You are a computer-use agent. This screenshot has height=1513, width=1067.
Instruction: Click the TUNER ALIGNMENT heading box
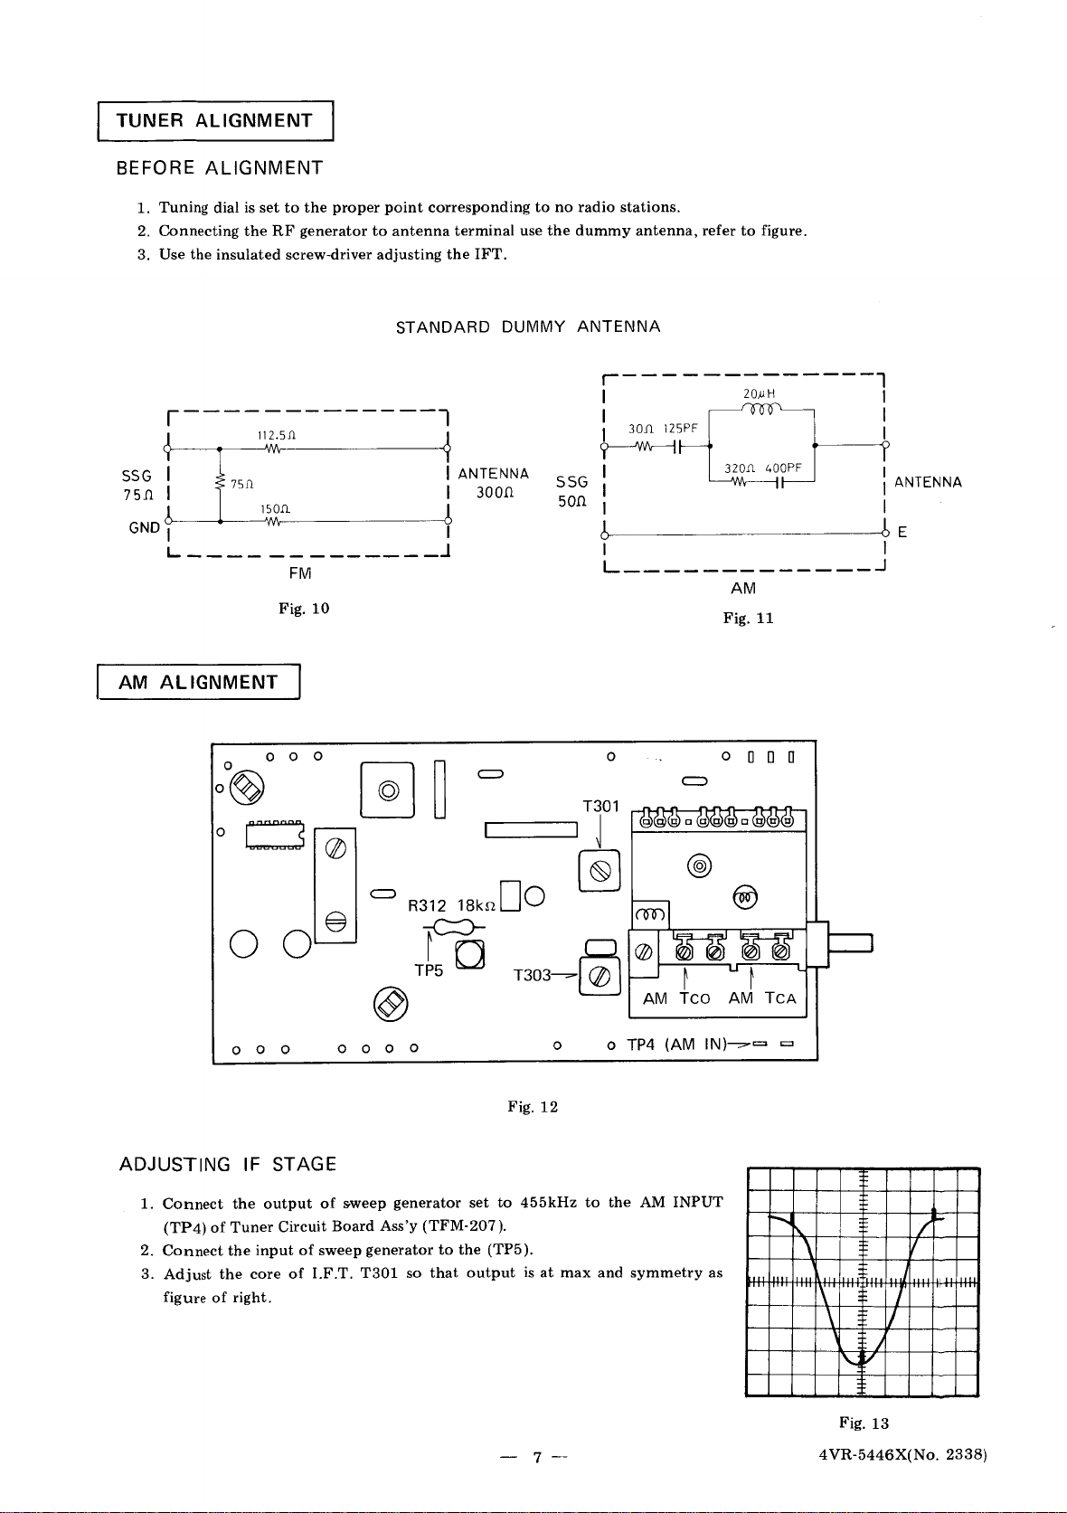click(x=215, y=121)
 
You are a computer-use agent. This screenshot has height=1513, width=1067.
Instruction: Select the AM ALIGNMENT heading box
click(x=199, y=682)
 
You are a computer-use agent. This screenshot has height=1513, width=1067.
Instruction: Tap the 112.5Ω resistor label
click(x=276, y=436)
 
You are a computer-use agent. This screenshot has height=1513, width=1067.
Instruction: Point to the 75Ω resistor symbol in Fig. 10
click(x=220, y=482)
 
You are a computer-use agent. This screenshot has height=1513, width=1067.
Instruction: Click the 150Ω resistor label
click(x=276, y=508)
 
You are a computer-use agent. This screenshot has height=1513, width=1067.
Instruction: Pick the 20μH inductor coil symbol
click(x=760, y=408)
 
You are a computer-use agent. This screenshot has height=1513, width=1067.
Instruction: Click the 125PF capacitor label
click(x=680, y=429)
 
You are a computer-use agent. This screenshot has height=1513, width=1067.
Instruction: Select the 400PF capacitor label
click(x=783, y=468)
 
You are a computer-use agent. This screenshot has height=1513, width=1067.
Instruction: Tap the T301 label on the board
click(x=601, y=806)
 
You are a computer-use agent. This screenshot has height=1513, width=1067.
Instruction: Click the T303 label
click(x=533, y=975)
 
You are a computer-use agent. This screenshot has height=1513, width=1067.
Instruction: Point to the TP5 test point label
click(x=429, y=970)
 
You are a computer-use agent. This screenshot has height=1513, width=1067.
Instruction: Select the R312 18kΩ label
click(x=452, y=905)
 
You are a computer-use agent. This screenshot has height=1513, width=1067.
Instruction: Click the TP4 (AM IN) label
click(x=676, y=1045)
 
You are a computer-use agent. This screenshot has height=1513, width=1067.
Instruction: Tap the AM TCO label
click(x=676, y=998)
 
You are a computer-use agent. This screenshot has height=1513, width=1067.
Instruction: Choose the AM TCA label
click(x=762, y=998)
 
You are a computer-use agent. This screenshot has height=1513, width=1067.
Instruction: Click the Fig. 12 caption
click(x=533, y=1106)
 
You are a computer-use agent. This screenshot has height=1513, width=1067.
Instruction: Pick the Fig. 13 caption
click(x=864, y=1423)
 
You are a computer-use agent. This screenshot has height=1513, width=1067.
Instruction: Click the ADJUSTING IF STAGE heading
click(x=228, y=1165)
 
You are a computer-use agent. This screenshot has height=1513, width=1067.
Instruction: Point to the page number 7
click(x=537, y=1457)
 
